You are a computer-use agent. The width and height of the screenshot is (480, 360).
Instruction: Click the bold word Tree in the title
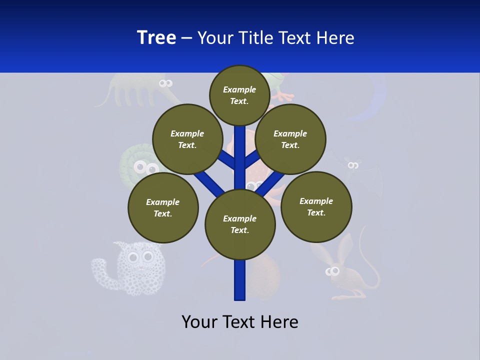pos(156,38)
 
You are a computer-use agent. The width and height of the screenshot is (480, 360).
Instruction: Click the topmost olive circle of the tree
pos(239,95)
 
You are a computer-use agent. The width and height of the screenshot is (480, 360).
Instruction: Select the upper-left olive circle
pos(187,139)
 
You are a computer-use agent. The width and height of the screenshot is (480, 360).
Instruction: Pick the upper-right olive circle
pos(290,139)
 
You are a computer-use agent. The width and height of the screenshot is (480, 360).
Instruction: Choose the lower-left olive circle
pos(163,207)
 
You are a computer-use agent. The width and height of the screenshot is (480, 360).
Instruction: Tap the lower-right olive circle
pos(316,206)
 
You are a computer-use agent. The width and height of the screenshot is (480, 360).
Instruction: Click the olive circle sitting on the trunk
pos(240,224)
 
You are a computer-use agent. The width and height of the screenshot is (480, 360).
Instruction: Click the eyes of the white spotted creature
pos(140,257)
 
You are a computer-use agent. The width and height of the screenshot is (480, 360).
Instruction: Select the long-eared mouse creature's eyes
pos(332,271)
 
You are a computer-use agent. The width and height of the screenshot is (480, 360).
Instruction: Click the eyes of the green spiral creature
pos(146,167)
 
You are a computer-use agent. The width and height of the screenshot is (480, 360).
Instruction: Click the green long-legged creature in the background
pos(125,90)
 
